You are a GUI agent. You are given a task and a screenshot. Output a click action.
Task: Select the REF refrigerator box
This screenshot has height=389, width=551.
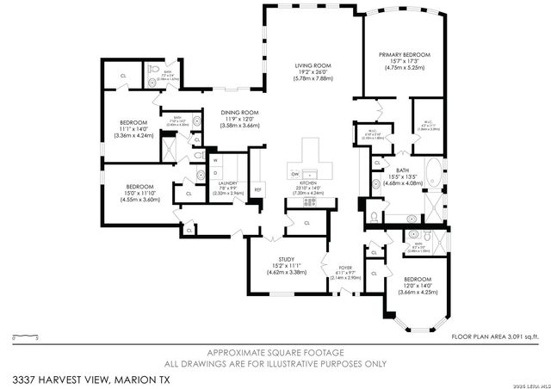point(257,189)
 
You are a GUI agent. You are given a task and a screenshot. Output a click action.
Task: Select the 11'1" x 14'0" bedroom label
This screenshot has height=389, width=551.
point(133,128)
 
